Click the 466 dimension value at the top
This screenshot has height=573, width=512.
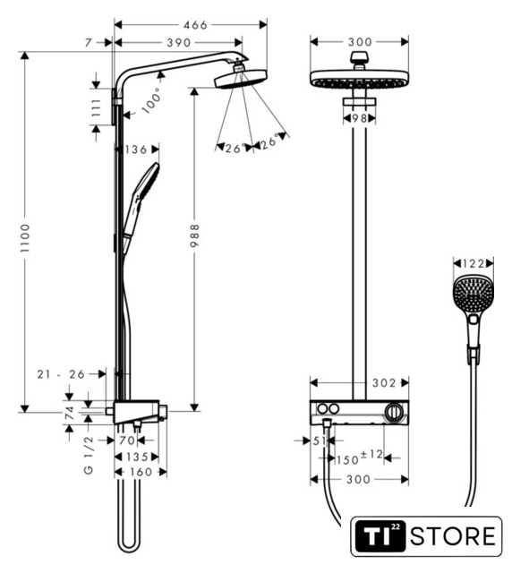195,25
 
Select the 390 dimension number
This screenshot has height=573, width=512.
179,43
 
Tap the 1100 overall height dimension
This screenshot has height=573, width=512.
24,238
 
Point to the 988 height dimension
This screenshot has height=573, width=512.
194,235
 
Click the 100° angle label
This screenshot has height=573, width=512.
151,100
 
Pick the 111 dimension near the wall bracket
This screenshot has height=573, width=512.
96,107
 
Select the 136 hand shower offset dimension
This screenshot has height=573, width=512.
135,150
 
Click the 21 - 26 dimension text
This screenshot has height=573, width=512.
61,374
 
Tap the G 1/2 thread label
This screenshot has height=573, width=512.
89,455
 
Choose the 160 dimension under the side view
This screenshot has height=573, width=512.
141,472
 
